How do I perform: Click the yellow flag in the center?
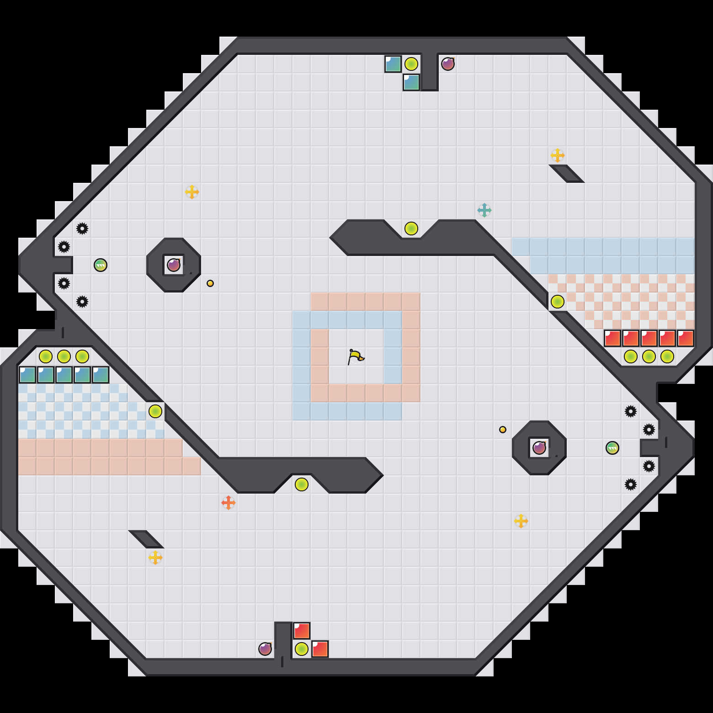(355, 356)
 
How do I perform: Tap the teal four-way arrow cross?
(484, 210)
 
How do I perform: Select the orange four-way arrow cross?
(229, 503)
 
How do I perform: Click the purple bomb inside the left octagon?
(174, 265)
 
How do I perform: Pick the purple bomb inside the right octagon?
(539, 448)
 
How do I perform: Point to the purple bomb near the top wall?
(448, 64)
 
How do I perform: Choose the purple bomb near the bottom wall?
(265, 649)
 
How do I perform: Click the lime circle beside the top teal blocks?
(411, 64)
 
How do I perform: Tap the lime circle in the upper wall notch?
(411, 229)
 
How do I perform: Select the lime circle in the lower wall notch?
(302, 484)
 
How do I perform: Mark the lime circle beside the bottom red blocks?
(302, 649)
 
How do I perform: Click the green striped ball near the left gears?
(101, 265)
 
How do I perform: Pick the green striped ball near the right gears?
(612, 448)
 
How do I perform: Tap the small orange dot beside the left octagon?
(210, 283)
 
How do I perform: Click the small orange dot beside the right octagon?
(503, 430)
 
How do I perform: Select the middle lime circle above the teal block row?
(64, 356)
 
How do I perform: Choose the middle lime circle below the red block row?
(649, 356)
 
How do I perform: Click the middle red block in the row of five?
(649, 338)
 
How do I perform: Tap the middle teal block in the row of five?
(64, 375)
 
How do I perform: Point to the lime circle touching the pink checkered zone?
(558, 302)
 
